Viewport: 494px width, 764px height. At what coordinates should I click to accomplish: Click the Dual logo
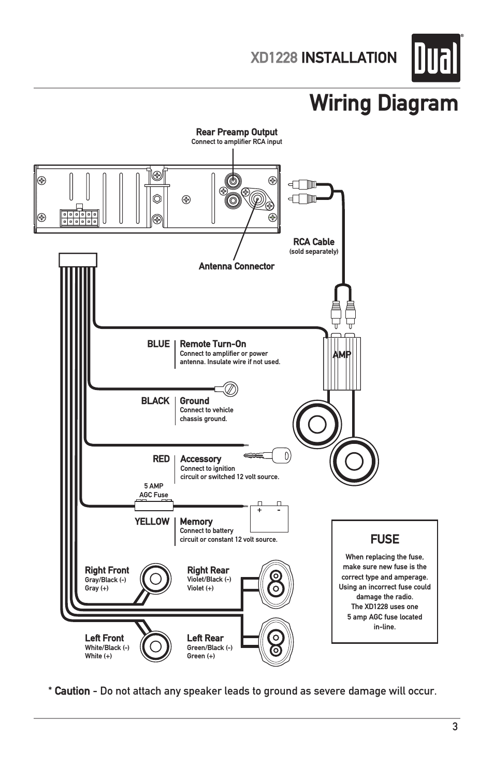coord(435,58)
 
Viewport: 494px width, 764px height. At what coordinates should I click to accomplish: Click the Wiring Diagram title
coord(383,103)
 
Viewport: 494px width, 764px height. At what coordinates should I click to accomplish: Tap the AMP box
coord(342,363)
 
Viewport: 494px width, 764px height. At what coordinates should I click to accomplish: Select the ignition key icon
coord(268,456)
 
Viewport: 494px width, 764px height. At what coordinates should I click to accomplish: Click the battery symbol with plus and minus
coord(269,518)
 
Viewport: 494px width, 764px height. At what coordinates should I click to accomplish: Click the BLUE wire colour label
coord(158,344)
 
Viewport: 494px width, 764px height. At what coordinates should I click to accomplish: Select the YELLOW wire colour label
coord(152,522)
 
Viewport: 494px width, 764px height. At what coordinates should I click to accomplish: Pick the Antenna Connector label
coord(236,266)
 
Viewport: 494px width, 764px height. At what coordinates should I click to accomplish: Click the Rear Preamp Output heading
coord(237,132)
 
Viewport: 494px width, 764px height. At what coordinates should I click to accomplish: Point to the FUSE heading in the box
coord(385,539)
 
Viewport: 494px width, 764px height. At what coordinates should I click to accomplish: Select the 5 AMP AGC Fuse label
coord(154,490)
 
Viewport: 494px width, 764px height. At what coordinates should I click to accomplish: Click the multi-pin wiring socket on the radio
coord(79,218)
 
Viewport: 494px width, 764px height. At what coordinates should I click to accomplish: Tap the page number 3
coord(455,727)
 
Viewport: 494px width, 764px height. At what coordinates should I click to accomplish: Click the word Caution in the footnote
coord(72,691)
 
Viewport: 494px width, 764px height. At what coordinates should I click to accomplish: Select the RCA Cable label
coord(314,242)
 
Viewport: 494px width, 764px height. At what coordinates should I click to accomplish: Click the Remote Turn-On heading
coord(213,344)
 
